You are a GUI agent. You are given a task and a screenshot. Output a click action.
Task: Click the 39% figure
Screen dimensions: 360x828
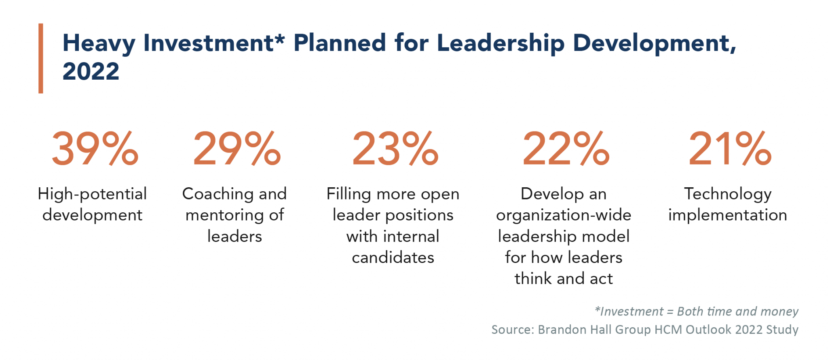[x=95, y=149]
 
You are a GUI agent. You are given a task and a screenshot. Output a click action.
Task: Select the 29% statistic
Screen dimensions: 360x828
[x=237, y=149]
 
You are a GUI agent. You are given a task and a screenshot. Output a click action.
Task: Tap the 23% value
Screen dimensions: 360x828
[x=395, y=149]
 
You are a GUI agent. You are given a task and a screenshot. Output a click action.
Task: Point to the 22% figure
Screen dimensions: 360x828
[x=566, y=149]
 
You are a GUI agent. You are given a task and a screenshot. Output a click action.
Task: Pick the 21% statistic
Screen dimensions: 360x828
[x=730, y=149]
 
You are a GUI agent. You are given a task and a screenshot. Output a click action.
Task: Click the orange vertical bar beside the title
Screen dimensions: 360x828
[x=41, y=58]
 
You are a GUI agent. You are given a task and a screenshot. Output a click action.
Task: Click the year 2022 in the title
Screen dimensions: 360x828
[x=91, y=72]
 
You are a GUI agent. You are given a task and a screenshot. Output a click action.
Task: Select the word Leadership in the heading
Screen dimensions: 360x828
[x=501, y=43]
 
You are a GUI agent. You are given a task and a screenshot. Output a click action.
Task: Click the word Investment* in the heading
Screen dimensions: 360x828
[x=214, y=43]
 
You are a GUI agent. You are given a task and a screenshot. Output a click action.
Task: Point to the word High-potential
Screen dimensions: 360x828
[x=92, y=194]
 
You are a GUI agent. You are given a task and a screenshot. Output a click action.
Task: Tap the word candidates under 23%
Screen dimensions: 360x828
[x=393, y=258]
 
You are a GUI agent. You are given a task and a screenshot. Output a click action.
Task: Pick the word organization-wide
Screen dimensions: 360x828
[x=564, y=215]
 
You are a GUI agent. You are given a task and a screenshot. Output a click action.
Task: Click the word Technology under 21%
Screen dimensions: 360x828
[x=728, y=194]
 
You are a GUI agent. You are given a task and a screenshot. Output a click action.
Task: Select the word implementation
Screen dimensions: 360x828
[x=728, y=215]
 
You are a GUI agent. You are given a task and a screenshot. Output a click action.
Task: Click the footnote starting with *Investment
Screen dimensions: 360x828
[x=697, y=311]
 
